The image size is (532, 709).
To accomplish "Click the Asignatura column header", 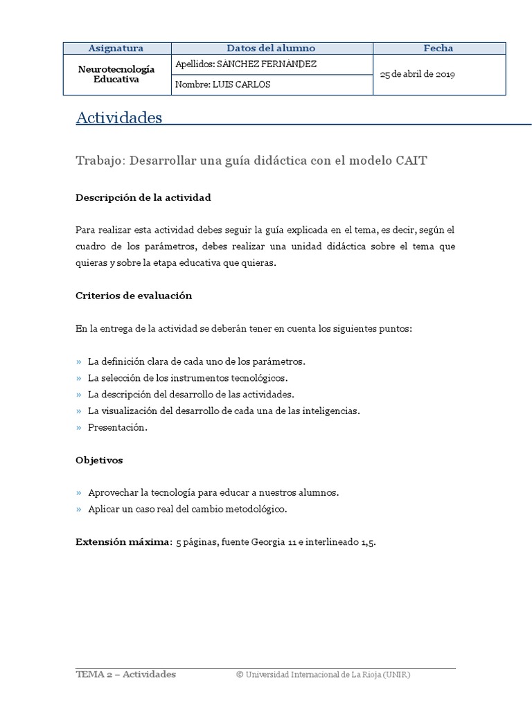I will (116, 48).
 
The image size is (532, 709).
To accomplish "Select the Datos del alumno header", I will (271, 48).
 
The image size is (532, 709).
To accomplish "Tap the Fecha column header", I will (438, 48).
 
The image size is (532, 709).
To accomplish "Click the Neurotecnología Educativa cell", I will (116, 75).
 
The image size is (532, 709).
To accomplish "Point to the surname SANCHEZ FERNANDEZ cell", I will (237, 64).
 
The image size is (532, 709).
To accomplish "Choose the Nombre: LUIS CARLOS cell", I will (223, 85).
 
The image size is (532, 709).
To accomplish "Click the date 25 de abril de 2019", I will (418, 75).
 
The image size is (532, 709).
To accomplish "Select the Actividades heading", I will (118, 118).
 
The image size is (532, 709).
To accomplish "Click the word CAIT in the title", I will (411, 161).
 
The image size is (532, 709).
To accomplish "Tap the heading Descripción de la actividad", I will (143, 198).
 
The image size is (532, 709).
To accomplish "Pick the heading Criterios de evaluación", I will (133, 296).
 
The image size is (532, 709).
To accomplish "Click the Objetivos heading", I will (99, 460).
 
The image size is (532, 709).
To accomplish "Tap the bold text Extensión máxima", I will (122, 542).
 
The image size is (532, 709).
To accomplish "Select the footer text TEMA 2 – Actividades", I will (125, 674).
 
